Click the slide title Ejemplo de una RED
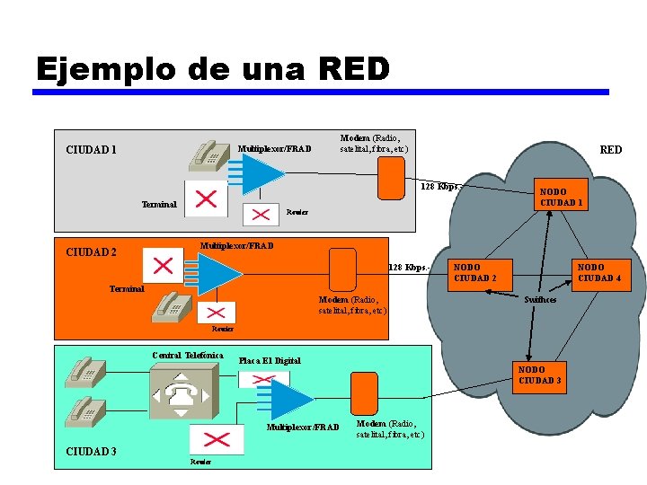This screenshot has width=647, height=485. point(213,68)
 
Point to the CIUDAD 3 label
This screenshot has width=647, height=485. point(91,450)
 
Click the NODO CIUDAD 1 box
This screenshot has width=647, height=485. point(562,197)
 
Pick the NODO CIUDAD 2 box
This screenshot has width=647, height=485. point(474,272)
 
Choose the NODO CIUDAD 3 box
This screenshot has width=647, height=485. point(540,375)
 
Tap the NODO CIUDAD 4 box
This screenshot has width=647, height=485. point(598,272)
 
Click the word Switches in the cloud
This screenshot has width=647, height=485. point(540,299)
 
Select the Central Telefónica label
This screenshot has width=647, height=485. point(187,356)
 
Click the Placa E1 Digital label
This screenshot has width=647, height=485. point(270,361)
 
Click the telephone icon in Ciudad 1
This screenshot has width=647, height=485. point(207,155)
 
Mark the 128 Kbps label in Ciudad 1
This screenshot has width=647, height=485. point(439,187)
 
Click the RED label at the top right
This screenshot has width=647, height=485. point(610,150)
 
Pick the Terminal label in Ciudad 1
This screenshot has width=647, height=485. point(159,205)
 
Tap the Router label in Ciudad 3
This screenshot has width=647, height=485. point(200,462)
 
